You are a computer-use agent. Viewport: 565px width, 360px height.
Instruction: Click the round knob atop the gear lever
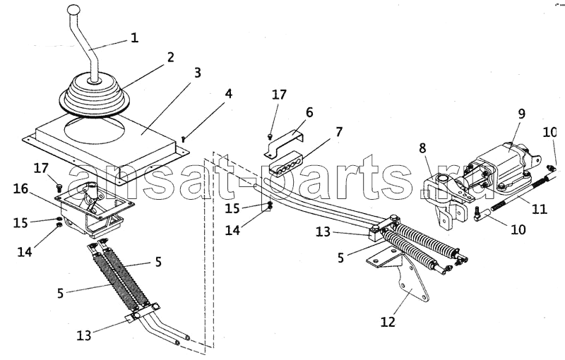click(74, 9)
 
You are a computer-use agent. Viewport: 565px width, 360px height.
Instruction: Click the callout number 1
click(134, 37)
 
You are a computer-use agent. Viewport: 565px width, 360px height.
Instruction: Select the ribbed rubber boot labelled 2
click(95, 95)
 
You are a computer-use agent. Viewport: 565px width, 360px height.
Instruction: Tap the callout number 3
click(198, 73)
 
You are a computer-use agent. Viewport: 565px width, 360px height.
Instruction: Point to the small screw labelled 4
click(184, 138)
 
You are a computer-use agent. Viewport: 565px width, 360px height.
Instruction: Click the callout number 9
click(521, 114)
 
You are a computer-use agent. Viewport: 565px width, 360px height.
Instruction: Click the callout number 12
click(388, 321)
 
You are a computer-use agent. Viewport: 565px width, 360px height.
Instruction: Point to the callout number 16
click(21, 188)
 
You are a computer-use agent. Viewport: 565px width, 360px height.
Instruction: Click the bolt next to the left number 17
click(60, 188)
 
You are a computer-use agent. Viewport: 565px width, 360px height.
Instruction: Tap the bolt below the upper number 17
click(270, 136)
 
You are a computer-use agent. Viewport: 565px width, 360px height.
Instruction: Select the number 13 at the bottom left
click(83, 335)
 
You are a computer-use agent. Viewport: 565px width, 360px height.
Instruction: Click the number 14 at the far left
click(25, 251)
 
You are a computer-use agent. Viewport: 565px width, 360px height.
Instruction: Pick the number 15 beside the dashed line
click(232, 208)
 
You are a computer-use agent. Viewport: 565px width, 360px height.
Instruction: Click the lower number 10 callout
click(518, 229)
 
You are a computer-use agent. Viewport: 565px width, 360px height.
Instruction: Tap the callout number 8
click(422, 148)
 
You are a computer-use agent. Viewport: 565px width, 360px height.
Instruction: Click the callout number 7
click(339, 132)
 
